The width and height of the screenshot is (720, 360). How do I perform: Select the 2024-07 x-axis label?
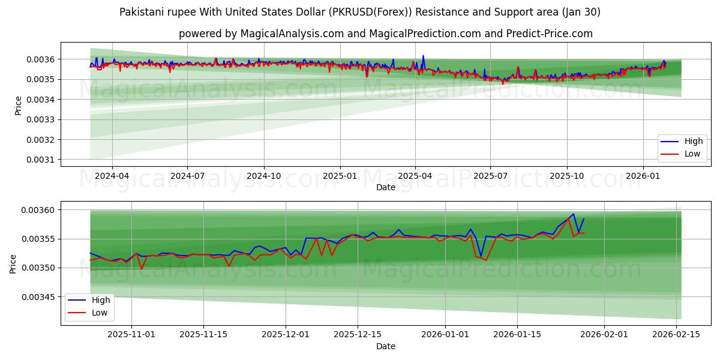click(188, 176)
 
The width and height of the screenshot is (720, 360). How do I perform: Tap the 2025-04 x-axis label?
click(415, 176)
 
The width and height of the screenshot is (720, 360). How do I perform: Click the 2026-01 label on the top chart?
click(643, 176)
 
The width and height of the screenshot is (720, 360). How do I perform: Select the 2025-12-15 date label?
click(357, 335)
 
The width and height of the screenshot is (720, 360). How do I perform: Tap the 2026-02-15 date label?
click(676, 335)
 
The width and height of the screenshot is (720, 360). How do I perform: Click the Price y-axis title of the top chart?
click(18, 105)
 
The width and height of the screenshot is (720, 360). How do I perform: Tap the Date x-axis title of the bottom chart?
click(385, 346)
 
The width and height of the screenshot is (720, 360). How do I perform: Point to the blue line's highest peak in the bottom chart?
click(573, 214)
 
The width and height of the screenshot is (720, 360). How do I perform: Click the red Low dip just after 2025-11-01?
click(142, 269)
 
